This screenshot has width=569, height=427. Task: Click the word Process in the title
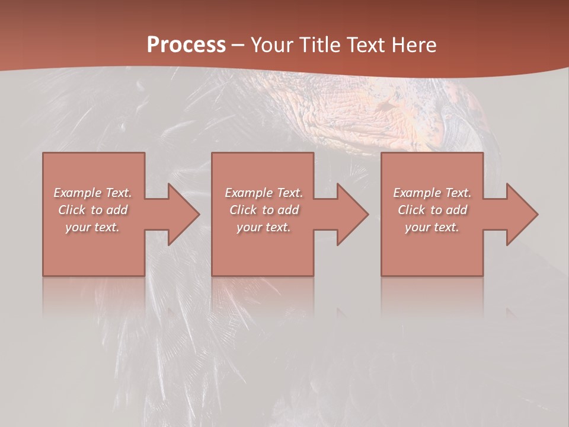click(186, 45)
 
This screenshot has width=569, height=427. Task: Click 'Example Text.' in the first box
click(92, 193)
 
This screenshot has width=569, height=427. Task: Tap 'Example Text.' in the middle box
click(263, 193)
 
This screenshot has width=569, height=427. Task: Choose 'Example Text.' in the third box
click(432, 193)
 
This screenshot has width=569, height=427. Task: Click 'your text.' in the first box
click(92, 227)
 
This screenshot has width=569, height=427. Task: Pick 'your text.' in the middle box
click(263, 227)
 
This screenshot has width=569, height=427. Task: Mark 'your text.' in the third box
click(432, 227)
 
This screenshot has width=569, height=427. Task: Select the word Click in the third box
click(412, 210)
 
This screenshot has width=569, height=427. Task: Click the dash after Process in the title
click(238, 46)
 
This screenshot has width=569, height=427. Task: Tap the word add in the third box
click(456, 210)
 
